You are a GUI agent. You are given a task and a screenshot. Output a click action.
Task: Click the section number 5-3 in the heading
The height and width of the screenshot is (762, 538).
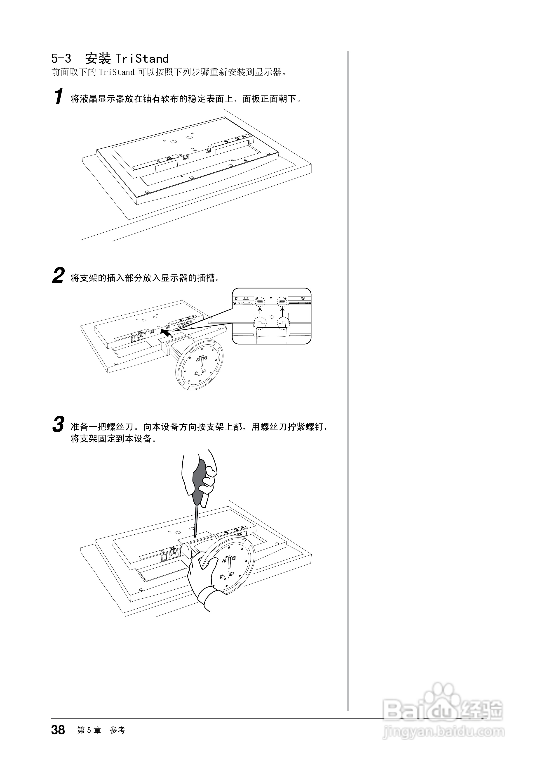(x=61, y=59)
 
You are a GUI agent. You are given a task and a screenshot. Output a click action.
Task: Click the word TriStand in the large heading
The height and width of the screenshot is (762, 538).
(x=142, y=59)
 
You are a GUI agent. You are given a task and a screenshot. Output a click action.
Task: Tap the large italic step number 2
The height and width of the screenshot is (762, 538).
(x=58, y=276)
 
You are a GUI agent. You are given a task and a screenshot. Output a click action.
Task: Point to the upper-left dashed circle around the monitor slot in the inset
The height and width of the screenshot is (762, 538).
(x=260, y=301)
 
